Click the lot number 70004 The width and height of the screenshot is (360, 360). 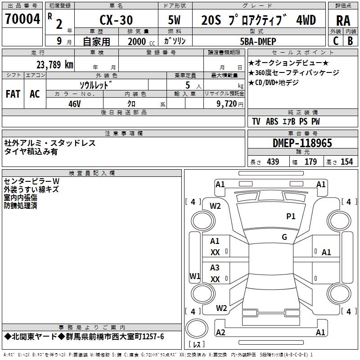(x=22, y=19)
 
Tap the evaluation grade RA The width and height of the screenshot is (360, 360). (x=343, y=20)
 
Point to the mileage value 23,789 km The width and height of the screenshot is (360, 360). (x=54, y=64)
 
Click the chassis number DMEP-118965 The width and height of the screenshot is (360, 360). (x=302, y=143)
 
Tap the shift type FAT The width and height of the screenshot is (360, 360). (x=13, y=94)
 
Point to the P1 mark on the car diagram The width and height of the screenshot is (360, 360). (x=291, y=216)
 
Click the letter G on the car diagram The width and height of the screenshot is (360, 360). (x=284, y=237)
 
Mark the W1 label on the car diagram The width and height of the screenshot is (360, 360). (x=194, y=276)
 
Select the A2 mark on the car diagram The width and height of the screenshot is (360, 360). (x=220, y=332)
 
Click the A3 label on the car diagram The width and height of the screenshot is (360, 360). (x=215, y=268)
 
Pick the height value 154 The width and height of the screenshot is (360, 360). (x=346, y=162)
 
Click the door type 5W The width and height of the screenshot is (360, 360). (x=175, y=20)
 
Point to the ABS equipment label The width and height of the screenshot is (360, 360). (x=272, y=121)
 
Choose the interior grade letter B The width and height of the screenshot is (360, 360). (x=350, y=41)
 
